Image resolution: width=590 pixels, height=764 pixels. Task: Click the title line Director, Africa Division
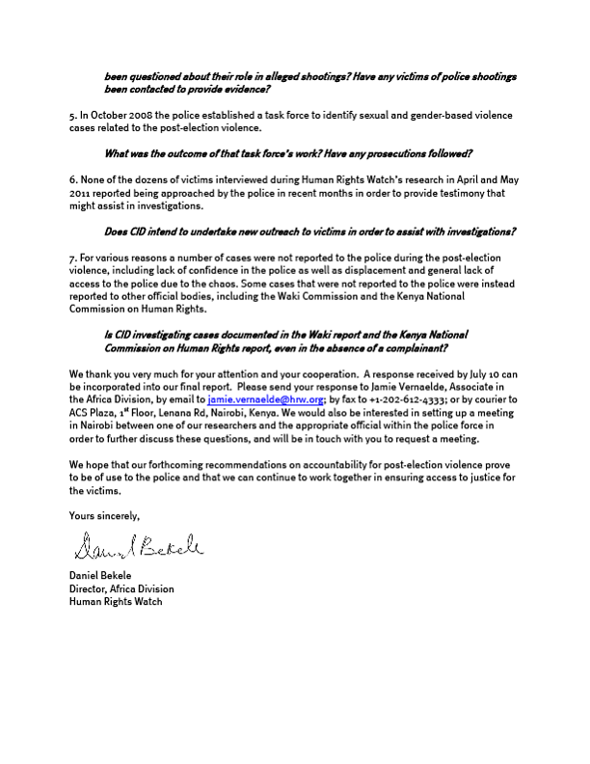[x=121, y=589]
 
